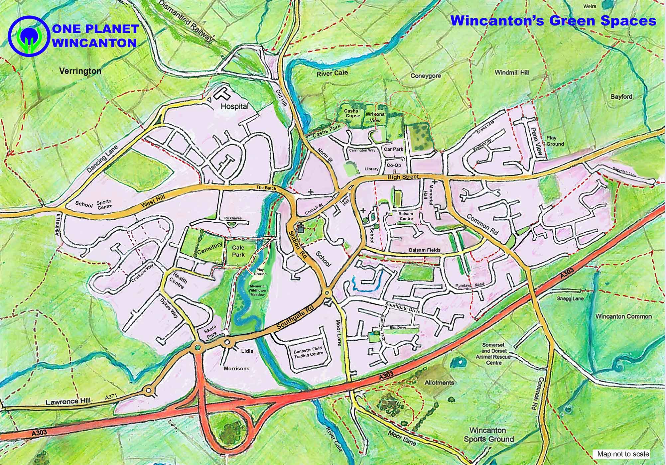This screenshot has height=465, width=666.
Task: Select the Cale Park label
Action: point(238,251)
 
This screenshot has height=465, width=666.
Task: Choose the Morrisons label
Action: point(236,369)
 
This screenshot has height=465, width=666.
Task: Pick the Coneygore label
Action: point(426,75)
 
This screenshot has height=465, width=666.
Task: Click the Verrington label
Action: point(80,71)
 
